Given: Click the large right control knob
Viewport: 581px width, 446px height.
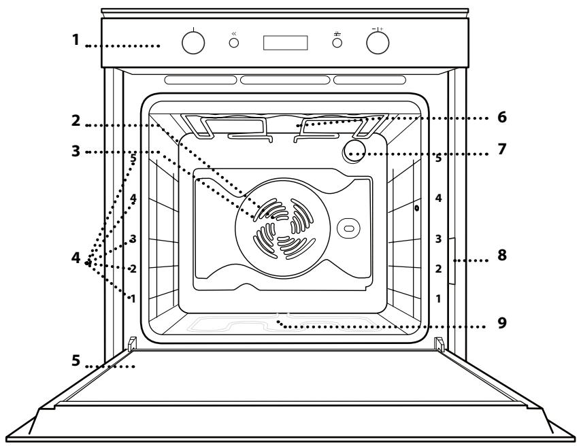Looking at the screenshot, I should pos(378,43).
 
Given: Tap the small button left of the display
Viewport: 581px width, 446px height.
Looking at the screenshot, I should pos(234,43).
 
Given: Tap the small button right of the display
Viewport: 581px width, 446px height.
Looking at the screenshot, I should pos(336,43).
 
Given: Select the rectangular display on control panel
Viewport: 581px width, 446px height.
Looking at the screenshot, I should pos(285,43).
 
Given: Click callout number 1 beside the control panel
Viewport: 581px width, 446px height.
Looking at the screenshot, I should pos(79,41).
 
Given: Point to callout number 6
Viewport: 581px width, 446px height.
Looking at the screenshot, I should pos(501,117).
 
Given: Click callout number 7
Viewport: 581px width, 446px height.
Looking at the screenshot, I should pos(501,148).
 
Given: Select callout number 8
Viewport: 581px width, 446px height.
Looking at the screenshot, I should pos(502,258).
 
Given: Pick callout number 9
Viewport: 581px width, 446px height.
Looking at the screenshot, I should pos(501,324).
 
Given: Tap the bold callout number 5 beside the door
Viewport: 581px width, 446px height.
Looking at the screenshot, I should pos(79,362).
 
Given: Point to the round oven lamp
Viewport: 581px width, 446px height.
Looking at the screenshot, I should pos(353,150).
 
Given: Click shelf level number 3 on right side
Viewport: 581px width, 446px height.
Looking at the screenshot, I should pos(439,239).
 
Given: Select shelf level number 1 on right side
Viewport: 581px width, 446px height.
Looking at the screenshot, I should pos(439,298).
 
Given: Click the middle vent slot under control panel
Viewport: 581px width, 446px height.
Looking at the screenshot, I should pos(285,80).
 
